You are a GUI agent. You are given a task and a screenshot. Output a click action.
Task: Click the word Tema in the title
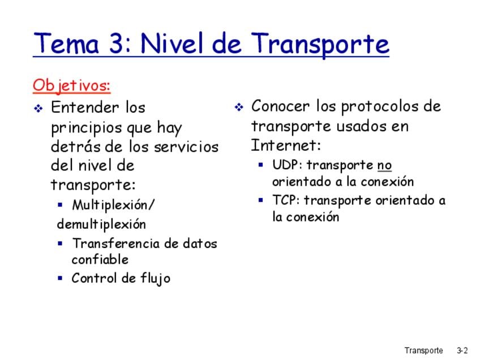[66, 43]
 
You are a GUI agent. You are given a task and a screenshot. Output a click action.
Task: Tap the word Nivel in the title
[173, 43]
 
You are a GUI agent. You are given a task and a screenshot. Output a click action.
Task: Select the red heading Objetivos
[72, 85]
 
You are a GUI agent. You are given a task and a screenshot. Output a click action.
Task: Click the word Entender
[85, 107]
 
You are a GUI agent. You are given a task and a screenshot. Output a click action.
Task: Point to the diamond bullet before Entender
[38, 108]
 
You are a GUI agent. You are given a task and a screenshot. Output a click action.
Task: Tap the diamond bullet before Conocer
[239, 107]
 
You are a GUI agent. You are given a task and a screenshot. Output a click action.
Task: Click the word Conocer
[280, 106]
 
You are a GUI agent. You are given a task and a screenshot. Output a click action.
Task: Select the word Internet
[285, 145]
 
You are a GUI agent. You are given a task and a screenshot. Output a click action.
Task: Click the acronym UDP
[285, 165]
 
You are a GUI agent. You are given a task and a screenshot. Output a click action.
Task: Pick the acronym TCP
[285, 200]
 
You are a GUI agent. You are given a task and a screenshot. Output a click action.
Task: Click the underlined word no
[384, 166]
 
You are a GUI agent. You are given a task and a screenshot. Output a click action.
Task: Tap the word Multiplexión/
[114, 205]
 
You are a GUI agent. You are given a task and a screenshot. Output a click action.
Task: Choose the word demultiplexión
[101, 224]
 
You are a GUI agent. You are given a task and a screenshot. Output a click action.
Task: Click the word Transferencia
[116, 243]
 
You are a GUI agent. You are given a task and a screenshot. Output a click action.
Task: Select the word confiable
[100, 260]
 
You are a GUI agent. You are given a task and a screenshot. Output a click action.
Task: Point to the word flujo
[155, 278]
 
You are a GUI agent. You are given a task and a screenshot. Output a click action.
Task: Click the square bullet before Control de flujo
[60, 278]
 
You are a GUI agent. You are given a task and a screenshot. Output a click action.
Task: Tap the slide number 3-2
[462, 350]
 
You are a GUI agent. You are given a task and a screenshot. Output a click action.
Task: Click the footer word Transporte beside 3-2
[423, 351]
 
